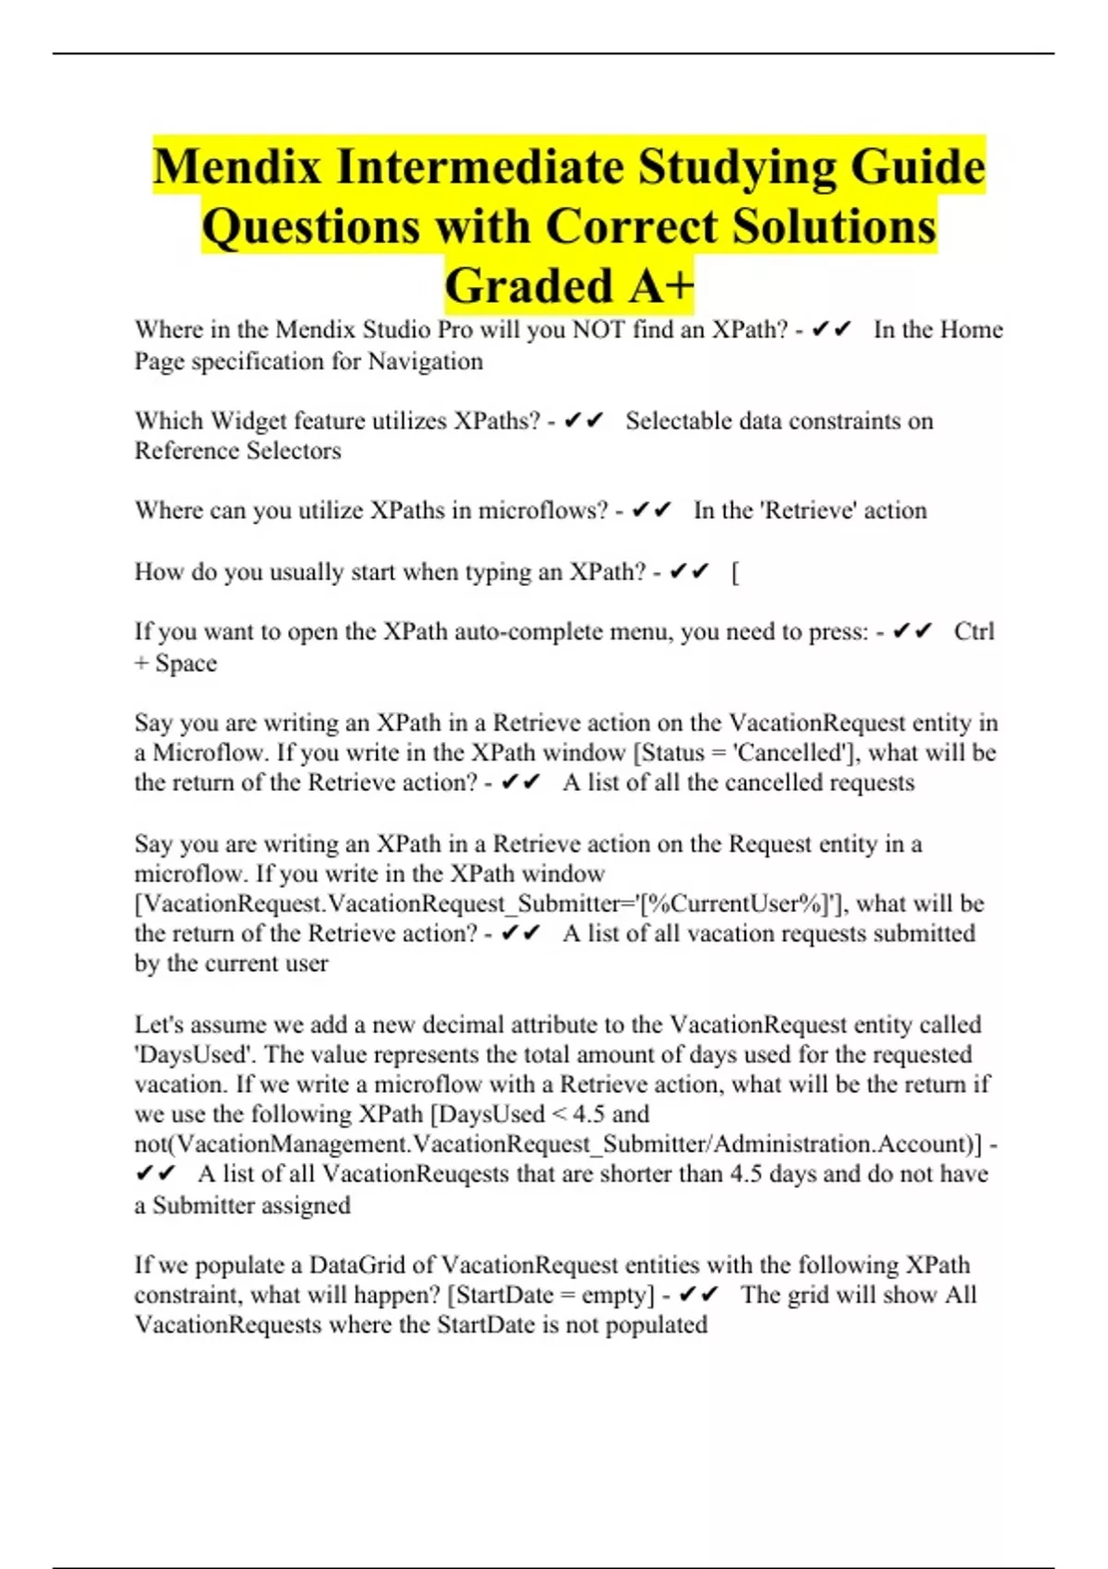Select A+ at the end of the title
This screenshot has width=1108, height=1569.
[x=661, y=285]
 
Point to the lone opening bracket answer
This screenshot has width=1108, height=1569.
[x=735, y=572]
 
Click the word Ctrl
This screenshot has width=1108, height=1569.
[x=973, y=631]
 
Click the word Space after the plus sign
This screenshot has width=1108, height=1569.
[x=186, y=663]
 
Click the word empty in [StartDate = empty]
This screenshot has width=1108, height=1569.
[x=613, y=1295]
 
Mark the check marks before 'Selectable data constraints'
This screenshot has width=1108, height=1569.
[x=583, y=421]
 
